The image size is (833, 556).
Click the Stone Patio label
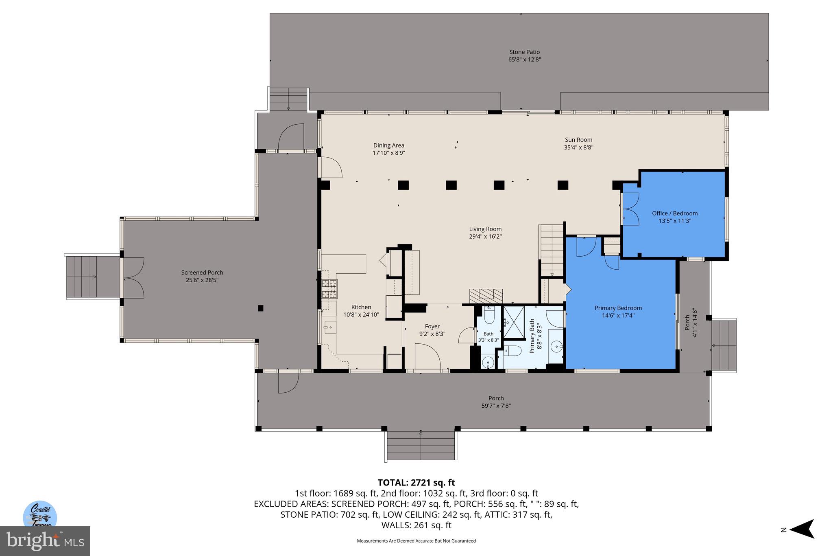[524, 52]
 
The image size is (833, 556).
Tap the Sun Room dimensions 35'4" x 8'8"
[578, 147]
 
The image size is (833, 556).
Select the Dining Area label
[388, 145]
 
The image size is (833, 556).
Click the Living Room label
[485, 229]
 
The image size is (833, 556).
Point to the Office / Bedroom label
[674, 213]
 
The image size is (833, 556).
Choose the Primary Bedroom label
[618, 308]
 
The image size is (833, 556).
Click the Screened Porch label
[202, 273]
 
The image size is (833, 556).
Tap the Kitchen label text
[361, 307]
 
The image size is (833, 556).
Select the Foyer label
[432, 326]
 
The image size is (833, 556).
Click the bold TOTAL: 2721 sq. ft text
[416, 483]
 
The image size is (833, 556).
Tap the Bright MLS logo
[45, 541]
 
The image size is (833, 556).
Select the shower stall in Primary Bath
[514, 322]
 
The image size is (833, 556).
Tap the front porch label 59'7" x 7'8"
[495, 405]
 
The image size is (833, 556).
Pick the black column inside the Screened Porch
[261, 308]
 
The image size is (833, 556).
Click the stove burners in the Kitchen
[329, 288]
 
